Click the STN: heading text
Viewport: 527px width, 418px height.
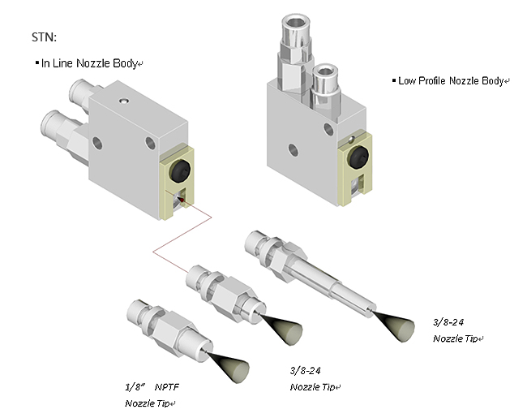coord(44,37)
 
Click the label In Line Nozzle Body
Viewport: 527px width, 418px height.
coord(89,63)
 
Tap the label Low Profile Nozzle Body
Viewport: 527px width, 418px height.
coord(451,81)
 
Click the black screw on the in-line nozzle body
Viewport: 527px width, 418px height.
coord(180,170)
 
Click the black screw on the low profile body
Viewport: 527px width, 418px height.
coord(358,157)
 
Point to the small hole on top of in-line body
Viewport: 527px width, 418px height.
coord(124,101)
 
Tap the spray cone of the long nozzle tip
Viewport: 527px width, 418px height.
coord(396,325)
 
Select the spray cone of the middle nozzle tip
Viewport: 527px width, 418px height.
coord(283,329)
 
